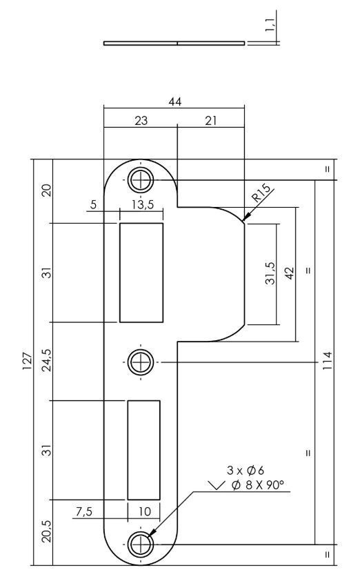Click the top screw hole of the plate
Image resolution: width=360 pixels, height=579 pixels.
(140, 180)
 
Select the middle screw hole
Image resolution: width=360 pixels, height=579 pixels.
(140, 361)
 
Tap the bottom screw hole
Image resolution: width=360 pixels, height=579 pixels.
(140, 543)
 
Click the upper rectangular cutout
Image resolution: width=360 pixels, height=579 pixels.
(141, 273)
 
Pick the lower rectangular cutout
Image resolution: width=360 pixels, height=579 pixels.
(143, 449)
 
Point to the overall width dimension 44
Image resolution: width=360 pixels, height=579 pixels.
(174, 101)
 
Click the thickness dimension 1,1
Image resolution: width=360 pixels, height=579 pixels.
(274, 26)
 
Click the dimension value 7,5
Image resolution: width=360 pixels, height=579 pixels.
(83, 511)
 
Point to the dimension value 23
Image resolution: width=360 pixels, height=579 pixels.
(140, 120)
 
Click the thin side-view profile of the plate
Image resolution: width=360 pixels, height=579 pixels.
(174, 43)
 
